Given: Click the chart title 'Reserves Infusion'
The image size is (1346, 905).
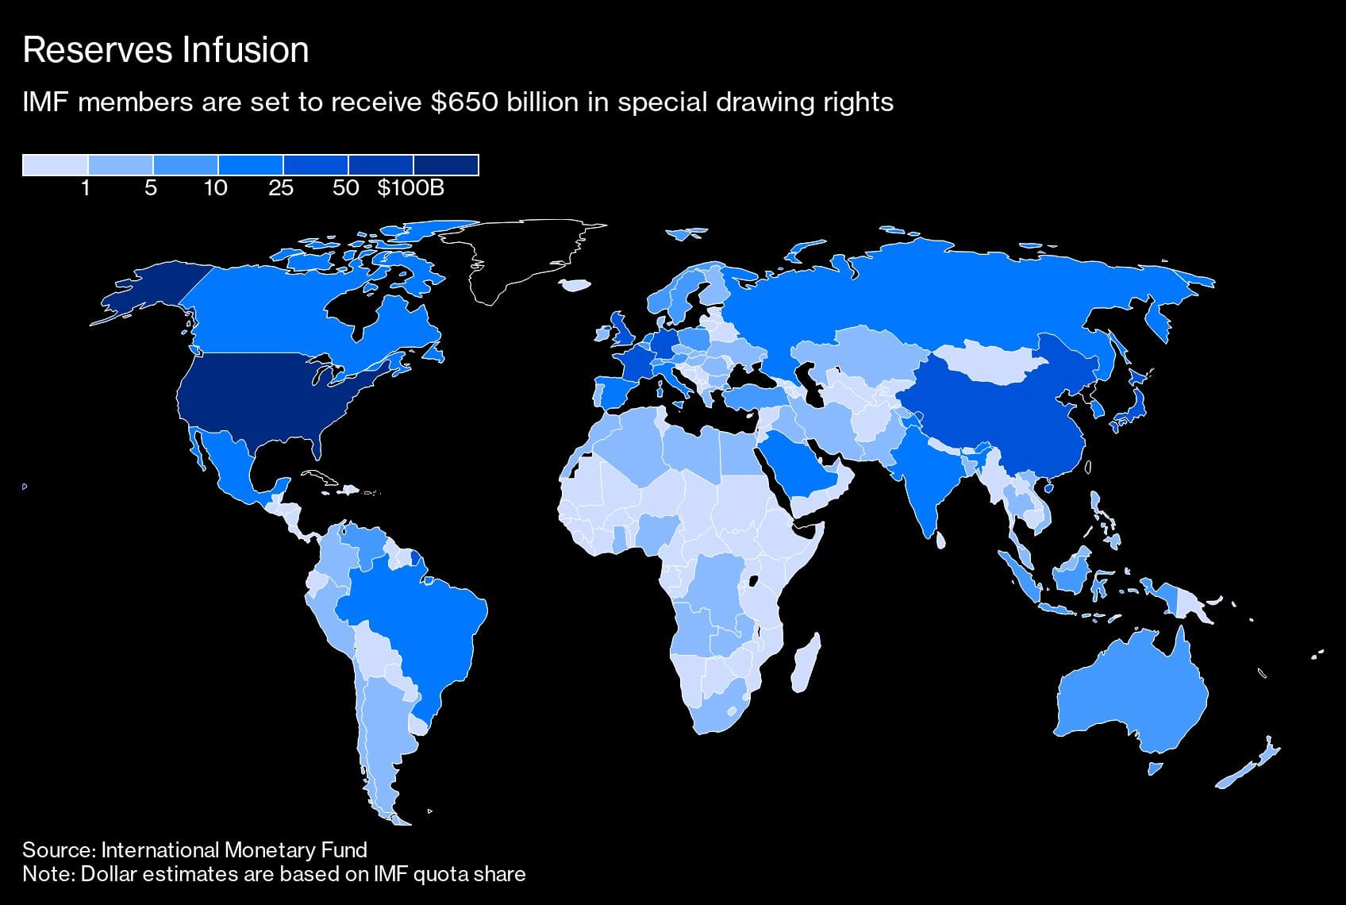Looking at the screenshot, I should click(166, 50).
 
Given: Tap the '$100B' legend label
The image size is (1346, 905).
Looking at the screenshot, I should click(410, 188).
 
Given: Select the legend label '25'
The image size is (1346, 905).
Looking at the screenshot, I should click(281, 188).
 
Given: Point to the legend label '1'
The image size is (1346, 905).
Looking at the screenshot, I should click(86, 188).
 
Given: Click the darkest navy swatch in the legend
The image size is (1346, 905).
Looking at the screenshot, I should click(446, 164).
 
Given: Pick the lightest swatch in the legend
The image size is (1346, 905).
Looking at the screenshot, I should click(55, 164).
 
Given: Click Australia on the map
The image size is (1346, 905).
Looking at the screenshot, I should click(1131, 699).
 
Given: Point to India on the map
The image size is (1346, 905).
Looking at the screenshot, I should click(929, 476).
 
